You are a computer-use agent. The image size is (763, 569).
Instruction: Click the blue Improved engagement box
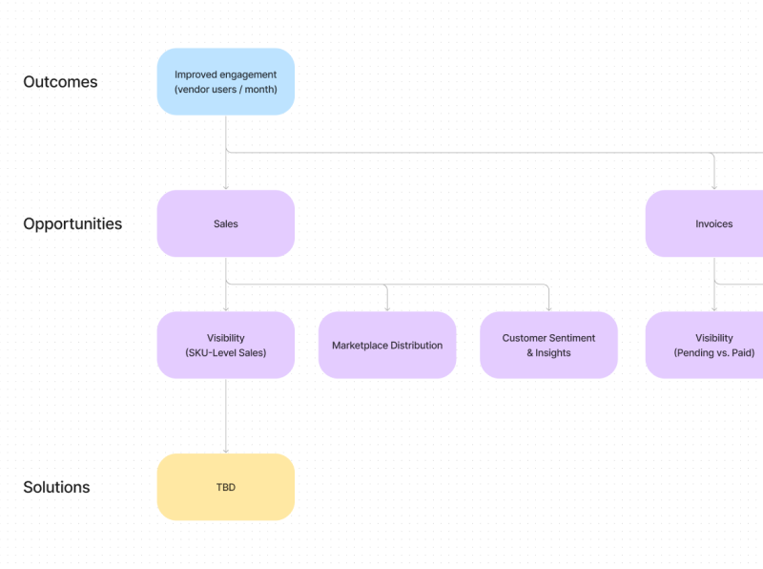(225, 81)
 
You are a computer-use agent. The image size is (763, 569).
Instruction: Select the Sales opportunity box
(225, 223)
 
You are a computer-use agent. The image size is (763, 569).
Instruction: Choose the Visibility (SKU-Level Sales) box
(225, 345)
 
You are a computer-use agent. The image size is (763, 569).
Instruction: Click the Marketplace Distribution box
(386, 345)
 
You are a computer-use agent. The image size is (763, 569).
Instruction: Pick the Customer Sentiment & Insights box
(548, 345)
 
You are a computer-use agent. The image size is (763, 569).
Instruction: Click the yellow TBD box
(225, 487)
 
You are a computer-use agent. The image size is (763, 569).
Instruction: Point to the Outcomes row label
(60, 82)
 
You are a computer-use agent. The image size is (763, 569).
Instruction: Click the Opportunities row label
(72, 224)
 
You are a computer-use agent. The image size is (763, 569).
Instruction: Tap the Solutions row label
(56, 487)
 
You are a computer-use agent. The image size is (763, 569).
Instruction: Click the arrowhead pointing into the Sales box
(226, 186)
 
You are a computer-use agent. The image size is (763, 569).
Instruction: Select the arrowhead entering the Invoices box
(714, 186)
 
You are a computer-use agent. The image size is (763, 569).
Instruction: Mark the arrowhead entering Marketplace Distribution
(387, 307)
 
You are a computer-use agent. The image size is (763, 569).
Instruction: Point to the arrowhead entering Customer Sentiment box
(549, 307)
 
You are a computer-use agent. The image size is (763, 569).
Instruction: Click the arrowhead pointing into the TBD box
(226, 450)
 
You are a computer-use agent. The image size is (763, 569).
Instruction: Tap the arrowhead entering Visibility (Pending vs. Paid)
(714, 307)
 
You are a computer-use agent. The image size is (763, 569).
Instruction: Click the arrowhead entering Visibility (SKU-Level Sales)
(226, 307)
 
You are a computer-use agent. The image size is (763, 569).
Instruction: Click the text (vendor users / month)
(225, 90)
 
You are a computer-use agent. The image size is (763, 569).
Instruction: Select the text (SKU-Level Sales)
(225, 352)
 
